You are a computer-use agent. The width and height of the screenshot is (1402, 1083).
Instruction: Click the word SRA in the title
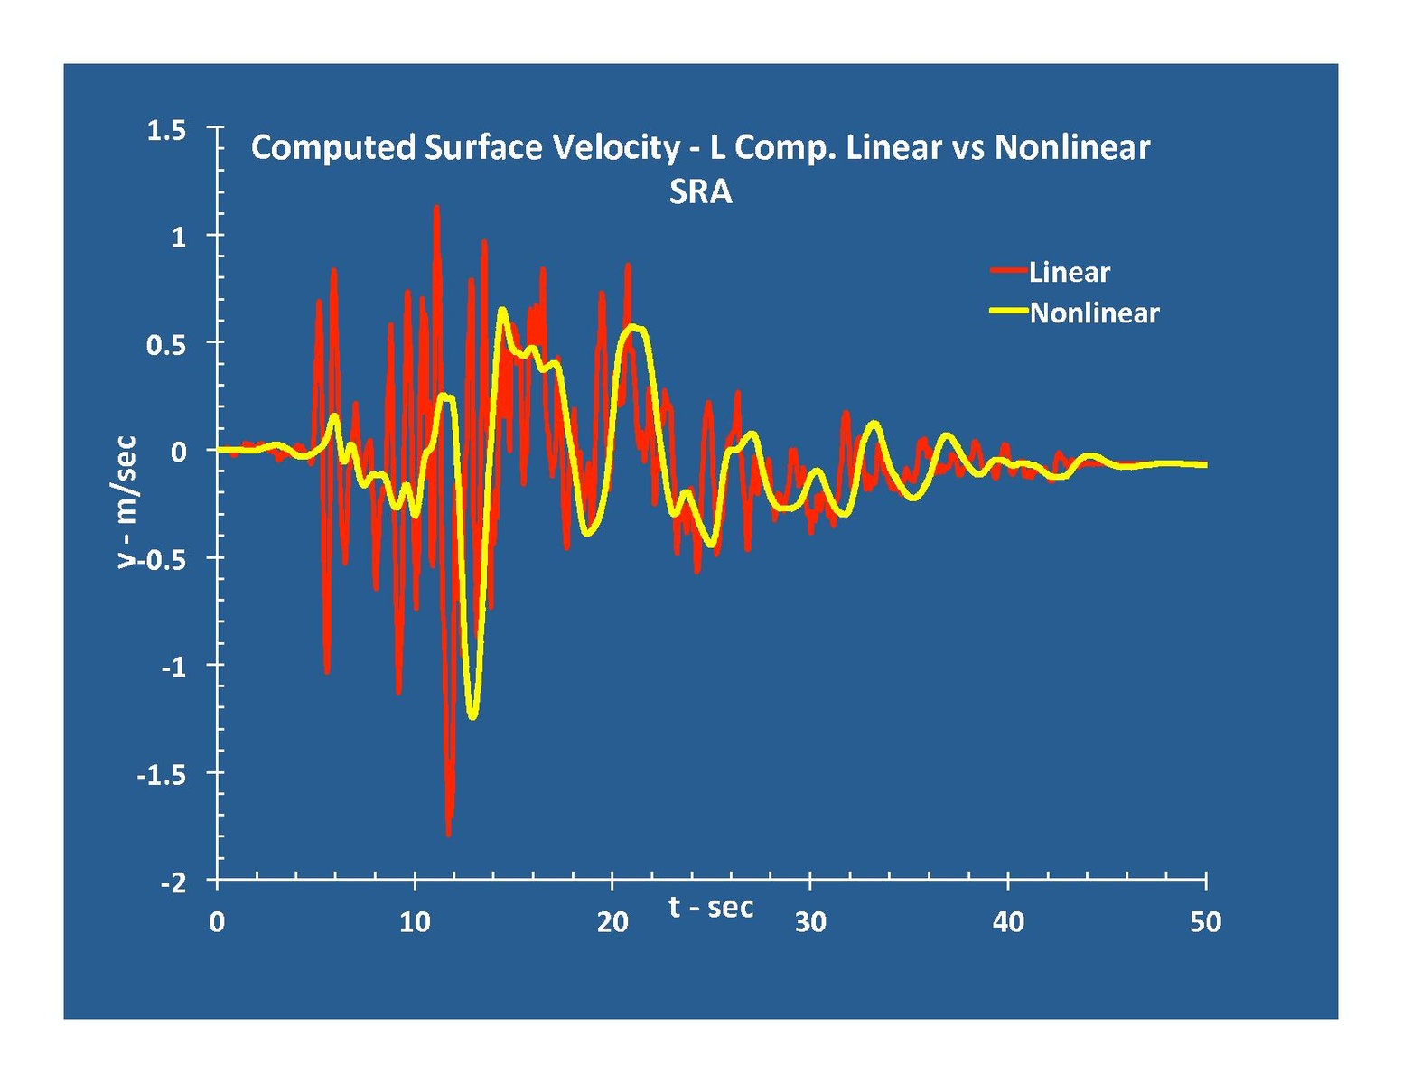tap(700, 192)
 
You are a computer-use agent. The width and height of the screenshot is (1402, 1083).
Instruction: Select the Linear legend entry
tap(1069, 272)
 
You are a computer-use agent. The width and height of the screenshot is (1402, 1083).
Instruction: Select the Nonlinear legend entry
tap(1094, 313)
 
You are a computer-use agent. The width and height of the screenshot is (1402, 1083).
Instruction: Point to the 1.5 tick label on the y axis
tap(166, 130)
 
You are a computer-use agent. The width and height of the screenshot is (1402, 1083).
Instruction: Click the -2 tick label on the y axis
tap(173, 882)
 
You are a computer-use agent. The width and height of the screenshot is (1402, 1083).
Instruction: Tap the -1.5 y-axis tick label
tap(161, 775)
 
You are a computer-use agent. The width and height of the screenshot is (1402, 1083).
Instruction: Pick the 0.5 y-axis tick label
tap(166, 345)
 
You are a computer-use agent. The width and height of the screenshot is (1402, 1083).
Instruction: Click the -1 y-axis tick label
tap(173, 668)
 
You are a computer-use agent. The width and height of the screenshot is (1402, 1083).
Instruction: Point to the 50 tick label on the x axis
tap(1205, 922)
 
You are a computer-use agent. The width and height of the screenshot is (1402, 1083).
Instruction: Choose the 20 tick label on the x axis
tap(612, 922)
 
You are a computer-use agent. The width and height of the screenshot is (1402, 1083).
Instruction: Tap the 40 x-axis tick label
tap(1007, 922)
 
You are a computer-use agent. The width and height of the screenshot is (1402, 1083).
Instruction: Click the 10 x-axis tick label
tap(414, 922)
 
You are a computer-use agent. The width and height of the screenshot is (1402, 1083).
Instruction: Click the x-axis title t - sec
tap(711, 907)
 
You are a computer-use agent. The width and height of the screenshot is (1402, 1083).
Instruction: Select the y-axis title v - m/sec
tap(126, 502)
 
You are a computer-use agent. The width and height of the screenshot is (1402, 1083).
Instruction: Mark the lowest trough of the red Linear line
tap(448, 834)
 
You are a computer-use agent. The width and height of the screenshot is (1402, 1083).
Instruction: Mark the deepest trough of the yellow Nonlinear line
tap(472, 716)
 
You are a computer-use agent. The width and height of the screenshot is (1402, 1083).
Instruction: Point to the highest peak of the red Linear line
tap(436, 207)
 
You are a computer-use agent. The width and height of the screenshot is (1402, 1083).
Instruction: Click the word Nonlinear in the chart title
tap(1071, 147)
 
